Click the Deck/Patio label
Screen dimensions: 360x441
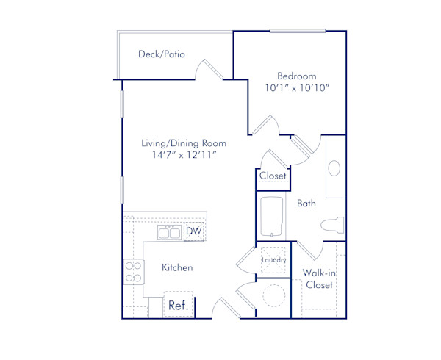coord(161,54)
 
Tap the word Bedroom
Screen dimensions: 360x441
coord(296,76)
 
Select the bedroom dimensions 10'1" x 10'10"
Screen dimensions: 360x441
coord(296,88)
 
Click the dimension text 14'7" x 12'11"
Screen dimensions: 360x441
coord(184,156)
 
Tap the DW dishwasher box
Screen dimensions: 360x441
coord(193,232)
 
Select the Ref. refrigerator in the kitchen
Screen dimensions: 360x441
coord(177,306)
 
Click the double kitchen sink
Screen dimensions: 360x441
coord(170,233)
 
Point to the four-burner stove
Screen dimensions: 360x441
coord(133,272)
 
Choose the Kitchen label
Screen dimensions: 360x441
coord(177,267)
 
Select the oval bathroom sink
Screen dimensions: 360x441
coord(334,168)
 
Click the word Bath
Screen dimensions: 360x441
coord(306,203)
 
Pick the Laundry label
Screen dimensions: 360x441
coord(273,260)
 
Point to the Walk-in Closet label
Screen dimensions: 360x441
coord(319,278)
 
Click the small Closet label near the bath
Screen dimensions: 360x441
coord(273,176)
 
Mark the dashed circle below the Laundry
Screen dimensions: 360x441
coord(273,297)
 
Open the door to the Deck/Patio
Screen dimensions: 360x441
coord(209,71)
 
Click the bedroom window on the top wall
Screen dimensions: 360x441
coord(297,31)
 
